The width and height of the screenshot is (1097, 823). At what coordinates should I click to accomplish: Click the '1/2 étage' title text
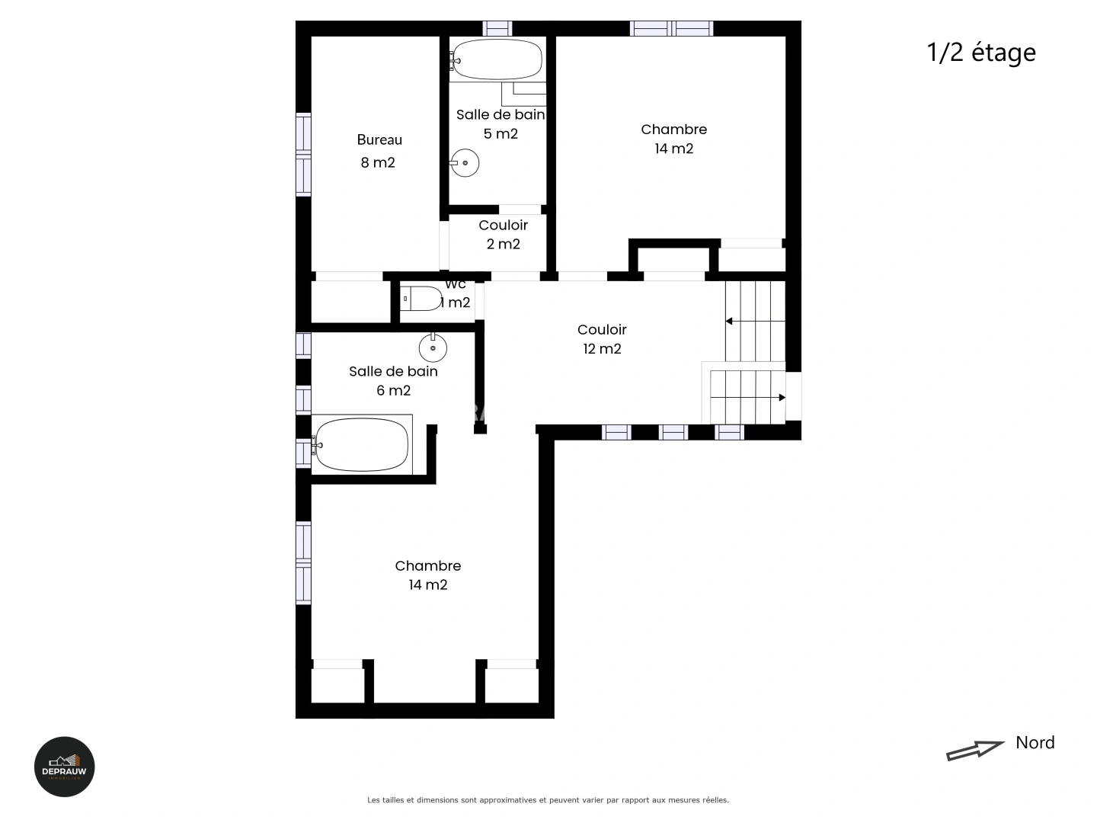point(981,53)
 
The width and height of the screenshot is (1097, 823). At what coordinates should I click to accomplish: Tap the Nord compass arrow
point(975,750)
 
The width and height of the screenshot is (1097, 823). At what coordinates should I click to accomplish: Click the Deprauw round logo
point(65,767)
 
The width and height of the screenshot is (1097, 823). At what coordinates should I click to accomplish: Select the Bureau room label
point(379,140)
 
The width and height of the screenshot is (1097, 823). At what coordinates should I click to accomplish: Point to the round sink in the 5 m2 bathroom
point(465,163)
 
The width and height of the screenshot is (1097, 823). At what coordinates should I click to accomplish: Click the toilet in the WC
point(421,299)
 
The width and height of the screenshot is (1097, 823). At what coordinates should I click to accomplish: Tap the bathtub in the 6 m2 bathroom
point(361,445)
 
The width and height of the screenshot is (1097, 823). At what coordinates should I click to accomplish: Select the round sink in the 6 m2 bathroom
point(433,348)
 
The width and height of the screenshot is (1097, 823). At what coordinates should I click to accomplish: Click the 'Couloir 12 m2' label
point(602,339)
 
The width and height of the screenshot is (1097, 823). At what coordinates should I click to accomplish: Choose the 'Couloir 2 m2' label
point(503,234)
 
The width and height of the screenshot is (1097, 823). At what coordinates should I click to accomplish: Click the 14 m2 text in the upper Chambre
point(674,149)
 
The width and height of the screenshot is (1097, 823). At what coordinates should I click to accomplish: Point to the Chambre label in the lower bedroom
point(427,565)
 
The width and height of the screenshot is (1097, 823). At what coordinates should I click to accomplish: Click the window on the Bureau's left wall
point(303,154)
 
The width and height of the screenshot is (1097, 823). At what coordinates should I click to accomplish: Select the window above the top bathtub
point(497,28)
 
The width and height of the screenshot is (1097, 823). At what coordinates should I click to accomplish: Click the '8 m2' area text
point(378,162)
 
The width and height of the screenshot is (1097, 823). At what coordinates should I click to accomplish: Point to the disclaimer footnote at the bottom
point(548,800)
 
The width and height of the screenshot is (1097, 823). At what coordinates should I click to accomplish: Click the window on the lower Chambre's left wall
point(303,563)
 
